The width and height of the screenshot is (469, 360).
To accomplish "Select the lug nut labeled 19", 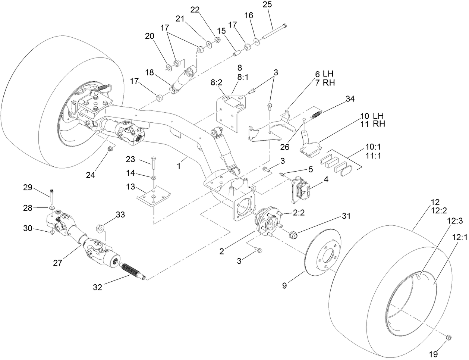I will click(449, 337).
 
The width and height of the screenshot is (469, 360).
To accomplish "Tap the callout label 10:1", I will click(376, 144).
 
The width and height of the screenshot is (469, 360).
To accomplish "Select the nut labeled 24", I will click(110, 149).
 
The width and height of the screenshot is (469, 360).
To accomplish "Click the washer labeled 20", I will click(169, 67).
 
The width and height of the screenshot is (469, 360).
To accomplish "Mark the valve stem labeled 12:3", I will click(419, 276).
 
